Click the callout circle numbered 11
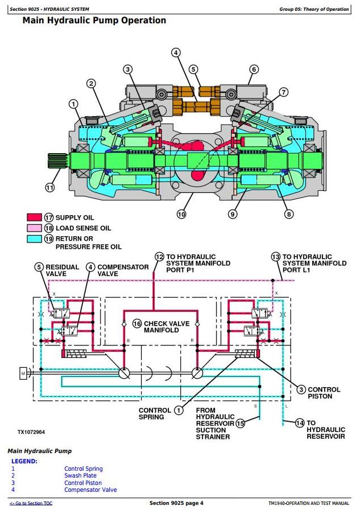point(49,187)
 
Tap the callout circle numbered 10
point(181,215)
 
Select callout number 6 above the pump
point(254,69)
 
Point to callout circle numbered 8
point(289,214)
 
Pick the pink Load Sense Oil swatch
point(34,228)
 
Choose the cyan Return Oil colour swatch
point(34,239)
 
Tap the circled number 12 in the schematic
point(159,257)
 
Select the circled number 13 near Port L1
point(276,257)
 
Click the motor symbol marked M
point(23,373)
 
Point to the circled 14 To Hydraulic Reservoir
point(299,422)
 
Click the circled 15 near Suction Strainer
point(240,423)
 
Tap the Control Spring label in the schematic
point(155,413)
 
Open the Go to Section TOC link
point(31,503)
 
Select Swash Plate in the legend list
point(80,475)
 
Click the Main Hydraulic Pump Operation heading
point(94,20)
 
